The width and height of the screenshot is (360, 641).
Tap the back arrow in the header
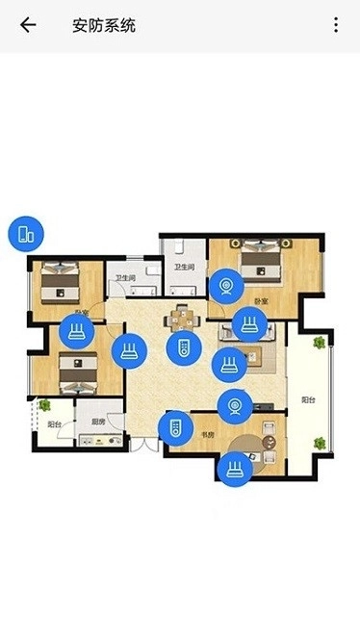(x=28, y=25)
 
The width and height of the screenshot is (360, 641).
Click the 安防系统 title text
(x=104, y=25)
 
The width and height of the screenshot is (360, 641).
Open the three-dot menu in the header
(x=336, y=25)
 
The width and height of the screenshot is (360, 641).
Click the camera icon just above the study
(x=234, y=406)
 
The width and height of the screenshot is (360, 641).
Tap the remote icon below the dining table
(x=179, y=347)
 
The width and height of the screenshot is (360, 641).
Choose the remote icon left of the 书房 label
(x=174, y=427)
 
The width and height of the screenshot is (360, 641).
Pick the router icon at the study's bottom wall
(x=233, y=469)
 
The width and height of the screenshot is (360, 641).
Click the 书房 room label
(x=207, y=436)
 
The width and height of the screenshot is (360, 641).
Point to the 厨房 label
(x=97, y=423)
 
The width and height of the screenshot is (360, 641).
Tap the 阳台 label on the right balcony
(x=307, y=399)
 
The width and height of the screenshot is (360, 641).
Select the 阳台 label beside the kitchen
(x=55, y=423)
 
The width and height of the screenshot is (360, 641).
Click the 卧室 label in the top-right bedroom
(x=261, y=301)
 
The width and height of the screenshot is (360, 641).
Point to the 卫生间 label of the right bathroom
(x=184, y=267)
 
